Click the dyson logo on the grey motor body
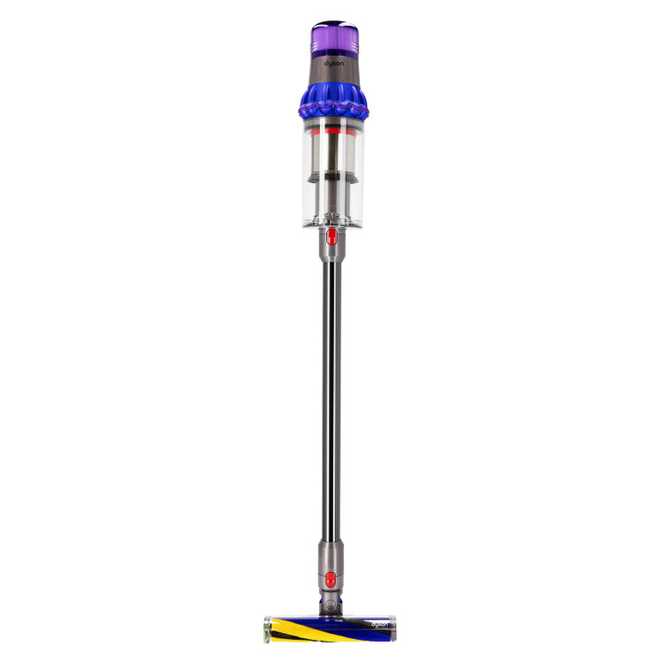click(333, 64)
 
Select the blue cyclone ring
click(333, 101)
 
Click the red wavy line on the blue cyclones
click(333, 107)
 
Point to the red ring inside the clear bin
click(333, 132)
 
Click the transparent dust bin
click(333, 172)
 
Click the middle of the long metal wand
click(331, 400)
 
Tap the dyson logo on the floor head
click(379, 624)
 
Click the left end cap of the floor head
click(267, 629)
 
